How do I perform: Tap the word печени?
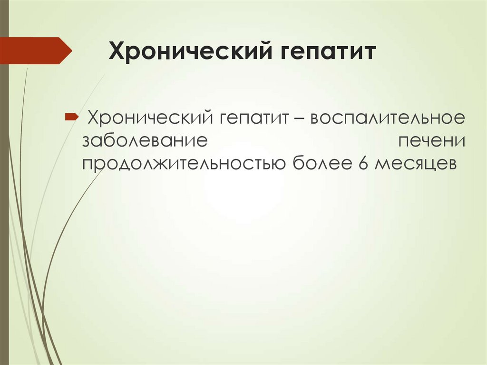click(x=430, y=141)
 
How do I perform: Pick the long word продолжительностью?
click(x=183, y=163)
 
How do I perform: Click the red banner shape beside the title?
click(x=33, y=50)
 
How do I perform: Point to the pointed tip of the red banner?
click(x=71, y=50)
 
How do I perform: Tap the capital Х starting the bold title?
click(x=116, y=51)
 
